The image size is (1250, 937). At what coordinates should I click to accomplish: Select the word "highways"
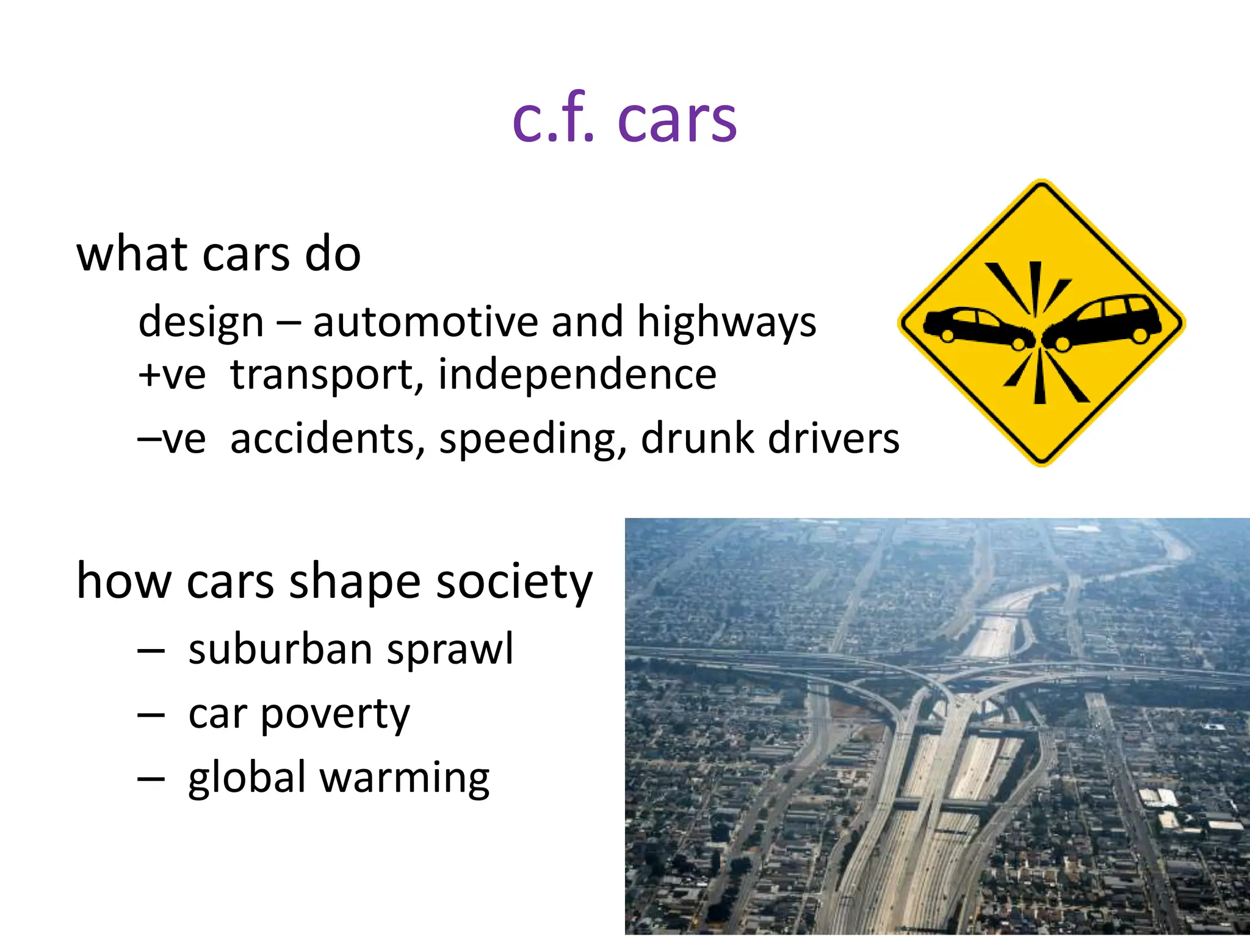pos(726,322)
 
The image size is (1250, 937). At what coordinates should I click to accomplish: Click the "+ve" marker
pos(172,375)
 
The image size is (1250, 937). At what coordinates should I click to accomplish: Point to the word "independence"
pos(577,375)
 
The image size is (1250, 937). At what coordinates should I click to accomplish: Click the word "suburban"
pos(279,649)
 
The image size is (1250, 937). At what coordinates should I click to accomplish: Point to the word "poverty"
pos(335,715)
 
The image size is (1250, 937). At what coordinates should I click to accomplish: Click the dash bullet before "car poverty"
pos(151,715)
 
